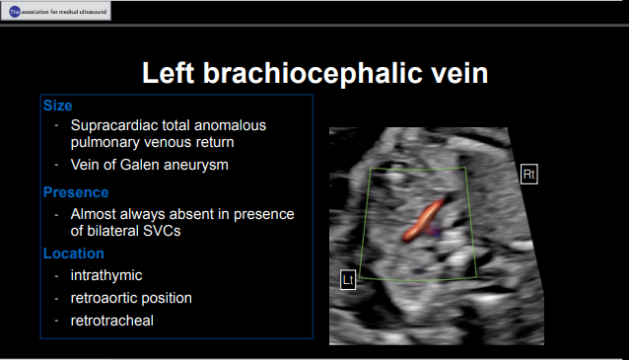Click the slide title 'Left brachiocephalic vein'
(314, 74)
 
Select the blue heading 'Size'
(57, 105)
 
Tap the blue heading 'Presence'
(76, 192)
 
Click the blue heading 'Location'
(74, 253)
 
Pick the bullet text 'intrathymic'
(106, 275)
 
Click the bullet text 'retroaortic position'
(131, 298)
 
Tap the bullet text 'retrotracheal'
(111, 321)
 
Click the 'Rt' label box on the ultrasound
(529, 175)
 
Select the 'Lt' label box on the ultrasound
(348, 280)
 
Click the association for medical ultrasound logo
(56, 11)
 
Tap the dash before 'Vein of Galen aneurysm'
(57, 164)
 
